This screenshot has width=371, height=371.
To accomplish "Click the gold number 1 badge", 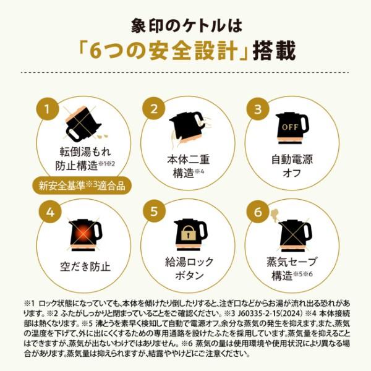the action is pos(48,109).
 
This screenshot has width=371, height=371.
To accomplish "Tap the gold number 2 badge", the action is pos(154,109).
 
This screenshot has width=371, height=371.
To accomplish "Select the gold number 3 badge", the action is pos(258,109).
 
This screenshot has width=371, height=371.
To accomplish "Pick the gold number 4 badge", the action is pos(50,211).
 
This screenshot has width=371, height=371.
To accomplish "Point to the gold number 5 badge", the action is pos(154,211).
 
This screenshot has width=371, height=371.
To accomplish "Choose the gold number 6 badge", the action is pos(258,211).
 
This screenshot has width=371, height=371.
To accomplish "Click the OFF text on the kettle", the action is pos(290,127).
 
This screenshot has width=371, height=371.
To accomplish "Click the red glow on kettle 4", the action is pos(83,234).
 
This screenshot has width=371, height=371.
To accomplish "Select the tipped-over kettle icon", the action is pos(83,124).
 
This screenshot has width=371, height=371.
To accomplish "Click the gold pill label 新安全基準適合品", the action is pos(82,185).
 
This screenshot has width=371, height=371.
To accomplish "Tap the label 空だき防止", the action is pos(85,267).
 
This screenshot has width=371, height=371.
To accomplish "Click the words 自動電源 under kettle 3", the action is pos(292,160).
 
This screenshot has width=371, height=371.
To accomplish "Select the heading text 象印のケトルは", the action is pos(187,26).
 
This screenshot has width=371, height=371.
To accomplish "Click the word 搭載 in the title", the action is pos(275,51).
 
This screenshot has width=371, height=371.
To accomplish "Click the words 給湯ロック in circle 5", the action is pos(189,262).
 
